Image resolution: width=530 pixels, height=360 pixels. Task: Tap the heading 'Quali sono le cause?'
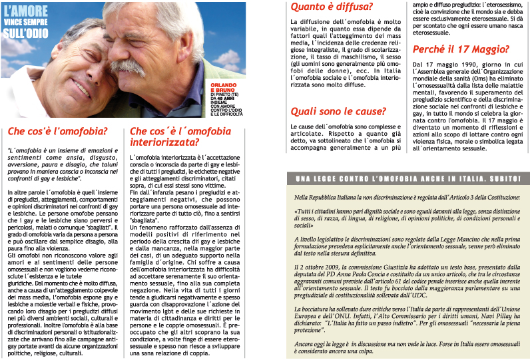tap(338, 110)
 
